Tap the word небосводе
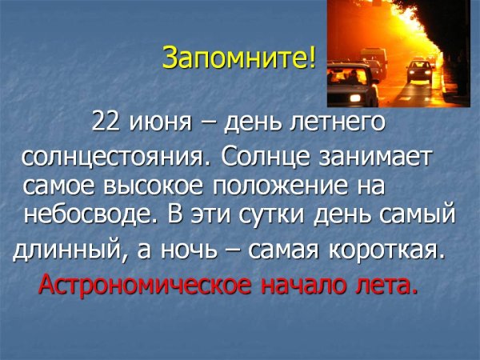pyautogui.click(x=85, y=214)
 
